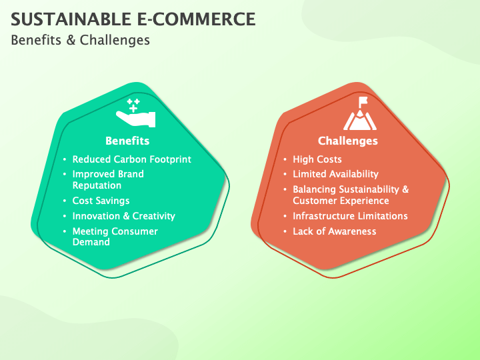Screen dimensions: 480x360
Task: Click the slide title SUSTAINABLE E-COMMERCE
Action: [x=133, y=19]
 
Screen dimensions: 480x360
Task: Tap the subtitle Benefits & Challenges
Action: [x=80, y=40]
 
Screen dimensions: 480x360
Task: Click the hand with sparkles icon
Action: [x=135, y=113]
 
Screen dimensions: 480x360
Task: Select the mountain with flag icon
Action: [x=360, y=113]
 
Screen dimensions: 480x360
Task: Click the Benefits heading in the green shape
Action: [x=127, y=141]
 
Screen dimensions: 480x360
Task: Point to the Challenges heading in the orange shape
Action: [x=348, y=141]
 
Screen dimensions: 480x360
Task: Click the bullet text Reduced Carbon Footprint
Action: [x=131, y=159]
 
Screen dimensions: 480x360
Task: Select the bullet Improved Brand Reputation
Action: [x=108, y=180]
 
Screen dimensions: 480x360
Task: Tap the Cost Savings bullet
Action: [x=101, y=201]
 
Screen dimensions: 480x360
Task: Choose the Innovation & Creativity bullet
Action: [x=124, y=216]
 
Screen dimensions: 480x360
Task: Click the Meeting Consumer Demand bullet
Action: [x=115, y=236]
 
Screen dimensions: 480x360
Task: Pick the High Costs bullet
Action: [x=317, y=159]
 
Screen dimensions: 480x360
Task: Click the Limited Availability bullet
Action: [x=335, y=174]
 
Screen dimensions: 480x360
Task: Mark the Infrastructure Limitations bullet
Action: [x=350, y=216]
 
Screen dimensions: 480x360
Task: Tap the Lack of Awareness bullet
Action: [x=334, y=231]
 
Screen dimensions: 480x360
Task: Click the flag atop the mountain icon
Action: [x=363, y=101]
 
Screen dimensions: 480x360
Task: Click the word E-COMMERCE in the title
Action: [x=196, y=19]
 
